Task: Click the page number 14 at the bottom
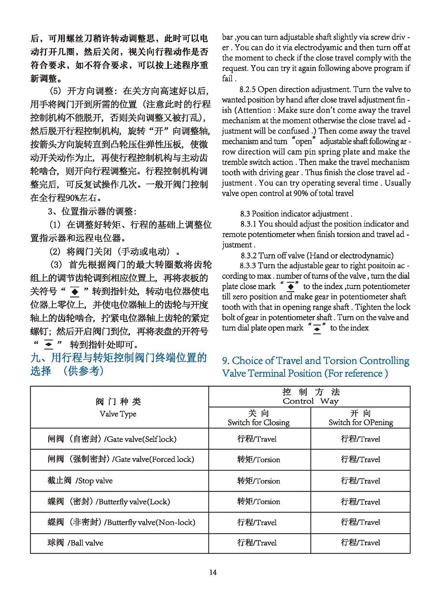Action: [213, 572]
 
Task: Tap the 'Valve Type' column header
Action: [118, 414]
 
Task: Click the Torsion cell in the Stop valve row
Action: [259, 481]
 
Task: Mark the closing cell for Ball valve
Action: [257, 543]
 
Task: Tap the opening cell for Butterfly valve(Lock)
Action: [360, 501]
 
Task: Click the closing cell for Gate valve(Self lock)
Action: [257, 439]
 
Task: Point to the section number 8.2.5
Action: [248, 89]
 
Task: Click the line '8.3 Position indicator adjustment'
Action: [297, 214]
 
